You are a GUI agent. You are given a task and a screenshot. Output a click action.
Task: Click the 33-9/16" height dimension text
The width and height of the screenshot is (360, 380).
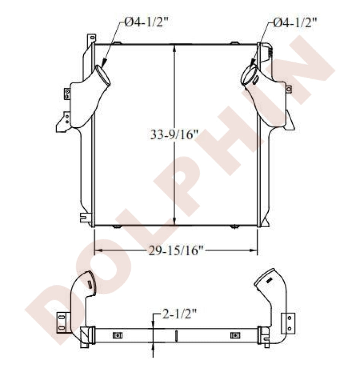[x=174, y=135]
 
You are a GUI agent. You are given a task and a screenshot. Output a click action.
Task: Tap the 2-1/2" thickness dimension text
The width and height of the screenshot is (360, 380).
[x=179, y=314]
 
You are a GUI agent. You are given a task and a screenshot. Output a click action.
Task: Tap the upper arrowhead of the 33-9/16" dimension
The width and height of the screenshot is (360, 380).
[x=174, y=48]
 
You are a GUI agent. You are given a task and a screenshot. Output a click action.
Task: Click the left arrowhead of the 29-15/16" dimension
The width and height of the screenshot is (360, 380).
[x=98, y=250]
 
